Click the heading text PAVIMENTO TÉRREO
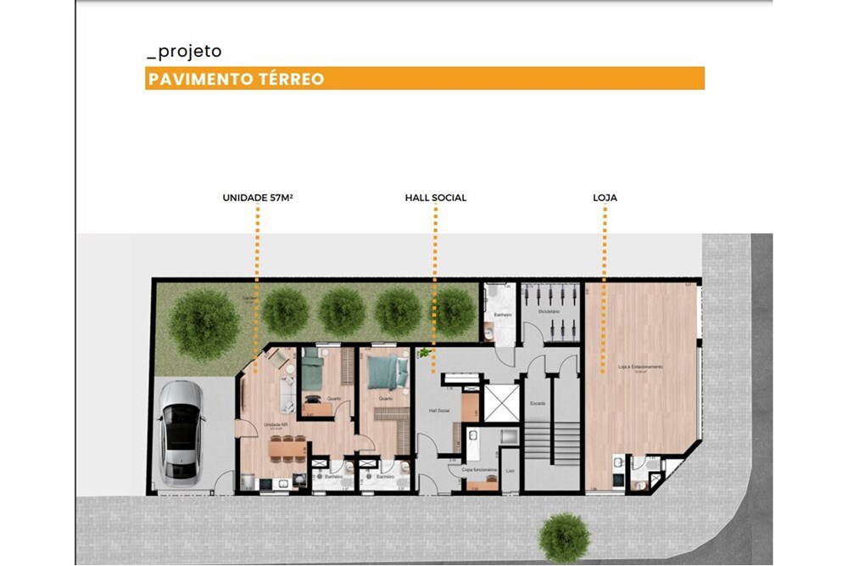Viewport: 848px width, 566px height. (236, 79)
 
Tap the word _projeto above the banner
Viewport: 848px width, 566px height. (184, 52)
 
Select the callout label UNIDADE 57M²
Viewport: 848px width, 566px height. (258, 198)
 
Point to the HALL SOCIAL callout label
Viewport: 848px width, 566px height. (436, 198)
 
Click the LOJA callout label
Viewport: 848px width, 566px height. (605, 198)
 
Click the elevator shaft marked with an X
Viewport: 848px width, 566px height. (499, 401)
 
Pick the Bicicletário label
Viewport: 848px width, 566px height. (550, 311)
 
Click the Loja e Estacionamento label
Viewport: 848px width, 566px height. (640, 367)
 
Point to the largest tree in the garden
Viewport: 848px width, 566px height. (204, 324)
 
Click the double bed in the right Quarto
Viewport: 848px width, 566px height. (387, 372)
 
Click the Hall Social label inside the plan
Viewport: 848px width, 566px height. (438, 410)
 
